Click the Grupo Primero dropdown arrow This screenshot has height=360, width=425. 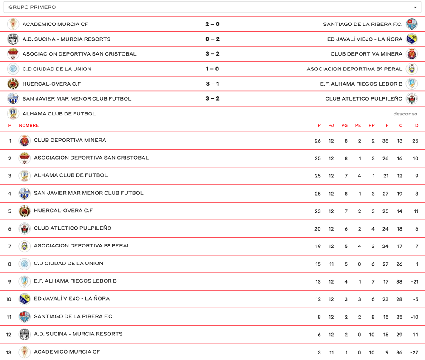pyautogui.click(x=415, y=8)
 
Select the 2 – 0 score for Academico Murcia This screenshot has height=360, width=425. pyautogui.click(x=212, y=24)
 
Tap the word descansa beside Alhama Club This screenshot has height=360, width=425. pyautogui.click(x=405, y=114)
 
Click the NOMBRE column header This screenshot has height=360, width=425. pyautogui.click(x=29, y=125)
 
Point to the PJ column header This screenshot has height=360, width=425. pyautogui.click(x=331, y=125)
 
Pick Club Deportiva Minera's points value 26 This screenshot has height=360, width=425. pyautogui.click(x=318, y=141)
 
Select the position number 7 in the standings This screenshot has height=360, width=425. pyautogui.click(x=10, y=247)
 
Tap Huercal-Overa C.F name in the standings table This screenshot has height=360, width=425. pyautogui.click(x=63, y=211)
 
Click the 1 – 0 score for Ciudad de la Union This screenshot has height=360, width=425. pyautogui.click(x=212, y=69)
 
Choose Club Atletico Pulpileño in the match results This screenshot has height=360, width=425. pyautogui.click(x=364, y=98)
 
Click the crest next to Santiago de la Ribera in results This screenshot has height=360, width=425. pyautogui.click(x=411, y=24)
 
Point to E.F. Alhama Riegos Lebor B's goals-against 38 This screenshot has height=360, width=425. pyautogui.click(x=399, y=282)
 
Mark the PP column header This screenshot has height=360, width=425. pyautogui.click(x=372, y=125)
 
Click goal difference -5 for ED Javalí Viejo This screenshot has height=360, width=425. pyautogui.click(x=415, y=299)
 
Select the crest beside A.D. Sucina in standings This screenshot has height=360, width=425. pyautogui.click(x=25, y=335)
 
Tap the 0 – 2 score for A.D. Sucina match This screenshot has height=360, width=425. pyautogui.click(x=212, y=39)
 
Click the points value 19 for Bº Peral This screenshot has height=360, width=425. pyautogui.click(x=318, y=247)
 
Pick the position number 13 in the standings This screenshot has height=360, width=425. pyautogui.click(x=9, y=352)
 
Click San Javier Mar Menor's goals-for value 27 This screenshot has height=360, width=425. pyautogui.click(x=385, y=194)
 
